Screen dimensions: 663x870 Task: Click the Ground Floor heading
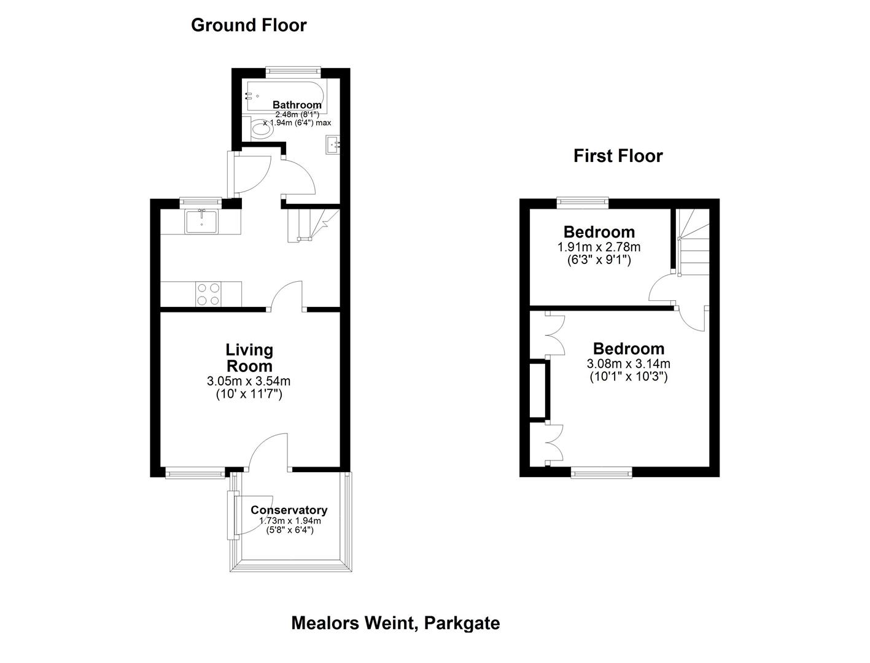(x=249, y=25)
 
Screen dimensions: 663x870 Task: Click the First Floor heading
(x=618, y=156)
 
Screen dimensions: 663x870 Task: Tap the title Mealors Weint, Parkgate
(x=395, y=623)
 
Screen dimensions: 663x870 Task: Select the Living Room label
(x=249, y=358)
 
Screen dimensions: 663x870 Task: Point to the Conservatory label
(x=289, y=510)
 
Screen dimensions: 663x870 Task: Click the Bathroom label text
(x=297, y=105)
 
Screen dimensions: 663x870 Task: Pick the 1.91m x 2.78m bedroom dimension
(x=599, y=247)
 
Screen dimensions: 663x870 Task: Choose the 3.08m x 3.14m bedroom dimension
(x=629, y=364)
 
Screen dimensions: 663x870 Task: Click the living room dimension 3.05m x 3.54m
(x=249, y=381)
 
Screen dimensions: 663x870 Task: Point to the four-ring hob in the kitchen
(x=209, y=293)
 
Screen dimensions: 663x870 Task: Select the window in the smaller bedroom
(x=583, y=200)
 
